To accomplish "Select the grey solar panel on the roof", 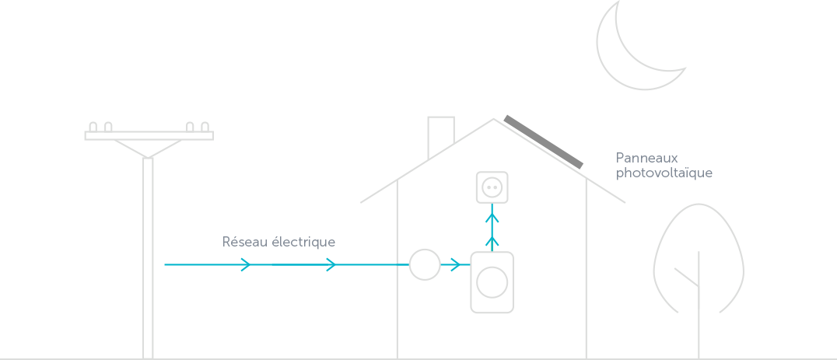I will click(543, 142).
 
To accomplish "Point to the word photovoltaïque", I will click(664, 173).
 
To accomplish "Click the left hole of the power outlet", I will click(487, 187).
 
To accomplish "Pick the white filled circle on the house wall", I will click(425, 264).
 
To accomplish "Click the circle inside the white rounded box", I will click(492, 282).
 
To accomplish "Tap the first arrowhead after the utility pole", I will click(247, 265).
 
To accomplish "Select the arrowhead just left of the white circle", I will click(332, 265).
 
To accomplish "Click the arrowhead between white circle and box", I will click(455, 265).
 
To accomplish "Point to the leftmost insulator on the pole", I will click(93, 127).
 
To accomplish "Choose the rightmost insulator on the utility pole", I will click(205, 127).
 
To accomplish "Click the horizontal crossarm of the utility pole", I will click(149, 135).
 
